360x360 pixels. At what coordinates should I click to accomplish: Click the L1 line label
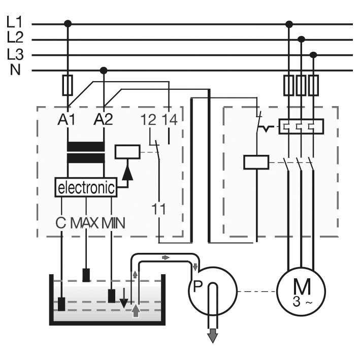tap(14, 22)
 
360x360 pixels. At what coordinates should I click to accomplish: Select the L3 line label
tap(15, 54)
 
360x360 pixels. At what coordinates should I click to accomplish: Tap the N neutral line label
tap(15, 70)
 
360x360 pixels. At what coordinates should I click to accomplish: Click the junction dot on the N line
tap(104, 70)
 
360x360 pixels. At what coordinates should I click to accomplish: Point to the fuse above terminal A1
tap(68, 85)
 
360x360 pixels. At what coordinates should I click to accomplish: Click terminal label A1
tap(67, 119)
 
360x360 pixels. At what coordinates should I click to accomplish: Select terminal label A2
tap(103, 119)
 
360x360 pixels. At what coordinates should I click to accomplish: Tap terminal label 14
tap(170, 120)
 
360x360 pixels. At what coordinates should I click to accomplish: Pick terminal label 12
tap(148, 120)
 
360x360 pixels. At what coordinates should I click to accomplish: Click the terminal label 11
tap(158, 209)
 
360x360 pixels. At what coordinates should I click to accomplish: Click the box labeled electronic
tap(86, 187)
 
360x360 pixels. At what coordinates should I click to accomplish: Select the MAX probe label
tap(84, 223)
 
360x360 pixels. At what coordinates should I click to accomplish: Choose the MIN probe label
tap(113, 223)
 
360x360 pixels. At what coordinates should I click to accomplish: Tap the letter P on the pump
tap(198, 286)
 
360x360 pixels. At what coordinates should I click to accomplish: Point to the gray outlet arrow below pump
tap(213, 336)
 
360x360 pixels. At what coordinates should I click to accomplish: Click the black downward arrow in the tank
tap(124, 298)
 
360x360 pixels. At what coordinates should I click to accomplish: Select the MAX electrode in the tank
tap(86, 275)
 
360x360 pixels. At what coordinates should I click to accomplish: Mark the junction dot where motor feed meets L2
tap(301, 40)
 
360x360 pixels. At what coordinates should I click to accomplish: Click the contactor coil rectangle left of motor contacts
tap(256, 162)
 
